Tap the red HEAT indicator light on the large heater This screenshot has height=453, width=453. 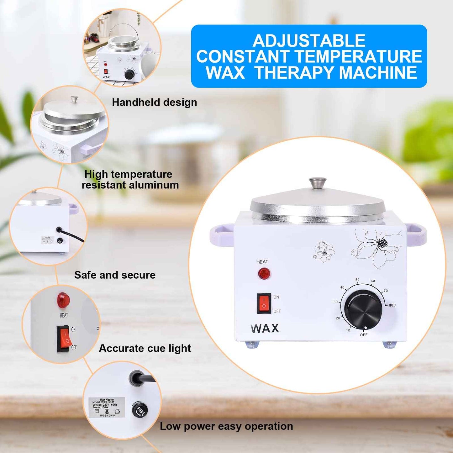pos(264,273)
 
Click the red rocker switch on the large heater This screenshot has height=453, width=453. pos(264,303)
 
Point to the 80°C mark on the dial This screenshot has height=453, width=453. pos(392,305)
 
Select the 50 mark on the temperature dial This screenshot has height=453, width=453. pos(357,280)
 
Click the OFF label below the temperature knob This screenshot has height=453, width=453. pos(364,335)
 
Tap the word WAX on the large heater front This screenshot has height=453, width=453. pos(265,328)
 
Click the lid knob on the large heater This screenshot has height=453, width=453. pos(318,182)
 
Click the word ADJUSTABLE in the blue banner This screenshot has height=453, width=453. pos(309,41)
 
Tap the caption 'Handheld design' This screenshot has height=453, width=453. pos(154,103)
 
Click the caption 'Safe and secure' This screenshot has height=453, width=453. pos(115,275)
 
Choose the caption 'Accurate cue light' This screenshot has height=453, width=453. pos(145,348)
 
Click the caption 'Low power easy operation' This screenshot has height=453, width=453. pos(226,426)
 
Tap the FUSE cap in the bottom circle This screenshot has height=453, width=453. pos(140,410)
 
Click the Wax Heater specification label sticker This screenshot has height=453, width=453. pos(107,407)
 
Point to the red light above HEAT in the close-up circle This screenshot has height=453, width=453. pos(63,300)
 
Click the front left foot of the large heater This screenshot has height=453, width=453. pos(252,345)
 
